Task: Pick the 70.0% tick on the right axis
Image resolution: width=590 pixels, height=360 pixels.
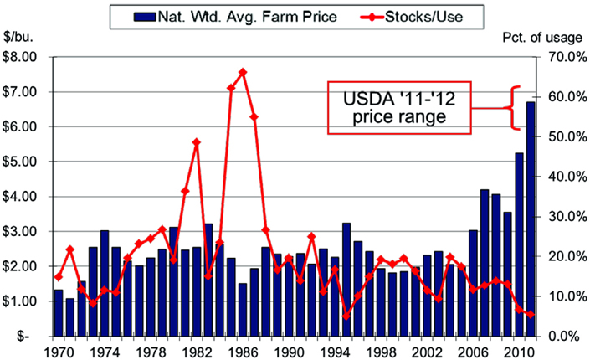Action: (560, 58)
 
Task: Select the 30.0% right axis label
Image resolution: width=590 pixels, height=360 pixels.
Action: (560, 216)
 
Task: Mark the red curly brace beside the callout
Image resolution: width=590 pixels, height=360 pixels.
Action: (514, 108)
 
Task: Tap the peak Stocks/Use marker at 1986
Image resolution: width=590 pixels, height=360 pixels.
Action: (243, 72)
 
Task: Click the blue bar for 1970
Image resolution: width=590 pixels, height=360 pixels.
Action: (59, 311)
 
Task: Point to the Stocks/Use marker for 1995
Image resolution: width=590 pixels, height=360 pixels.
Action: (346, 316)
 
